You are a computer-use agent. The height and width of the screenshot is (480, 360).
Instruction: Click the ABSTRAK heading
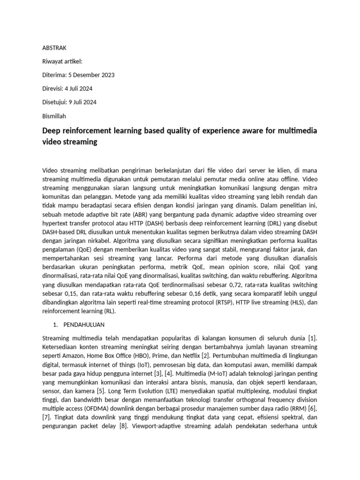tap(55, 48)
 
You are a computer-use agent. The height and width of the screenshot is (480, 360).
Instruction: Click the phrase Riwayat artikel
tap(62, 61)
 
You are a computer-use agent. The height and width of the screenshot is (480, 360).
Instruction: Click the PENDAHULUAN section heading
tap(84, 324)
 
